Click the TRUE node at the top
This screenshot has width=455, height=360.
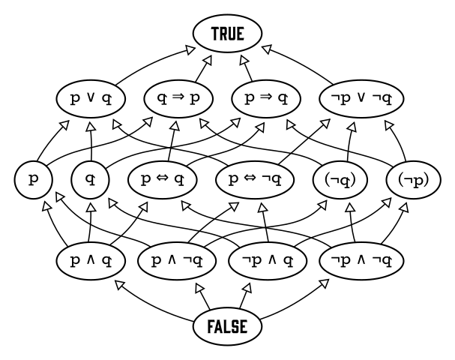click(x=227, y=34)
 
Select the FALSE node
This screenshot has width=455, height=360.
click(x=227, y=326)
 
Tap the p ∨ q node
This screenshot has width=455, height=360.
click(x=91, y=97)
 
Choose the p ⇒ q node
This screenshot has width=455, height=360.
click(x=266, y=97)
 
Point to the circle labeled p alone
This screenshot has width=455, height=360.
click(x=32, y=180)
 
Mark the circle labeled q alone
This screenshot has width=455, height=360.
click(x=91, y=180)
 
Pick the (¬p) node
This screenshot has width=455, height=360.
click(x=409, y=180)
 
